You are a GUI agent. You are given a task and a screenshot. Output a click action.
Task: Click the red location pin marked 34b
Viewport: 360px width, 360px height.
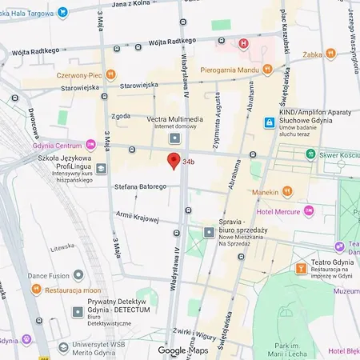173,161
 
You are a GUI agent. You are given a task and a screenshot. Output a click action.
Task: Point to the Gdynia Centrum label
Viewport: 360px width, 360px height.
57,146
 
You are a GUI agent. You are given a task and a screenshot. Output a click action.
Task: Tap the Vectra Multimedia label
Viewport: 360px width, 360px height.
174,119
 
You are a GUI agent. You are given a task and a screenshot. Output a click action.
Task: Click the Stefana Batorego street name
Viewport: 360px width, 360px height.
139,186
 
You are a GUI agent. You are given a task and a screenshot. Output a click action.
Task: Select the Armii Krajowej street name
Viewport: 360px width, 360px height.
138,216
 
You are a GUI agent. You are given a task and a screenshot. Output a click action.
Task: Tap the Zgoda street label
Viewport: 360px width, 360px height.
121,114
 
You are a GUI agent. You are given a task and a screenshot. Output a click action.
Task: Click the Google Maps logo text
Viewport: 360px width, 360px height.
182,350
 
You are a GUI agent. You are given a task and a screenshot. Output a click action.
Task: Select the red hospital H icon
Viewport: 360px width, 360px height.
241,42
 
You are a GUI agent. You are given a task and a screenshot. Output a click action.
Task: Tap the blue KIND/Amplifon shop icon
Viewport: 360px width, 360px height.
270,122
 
